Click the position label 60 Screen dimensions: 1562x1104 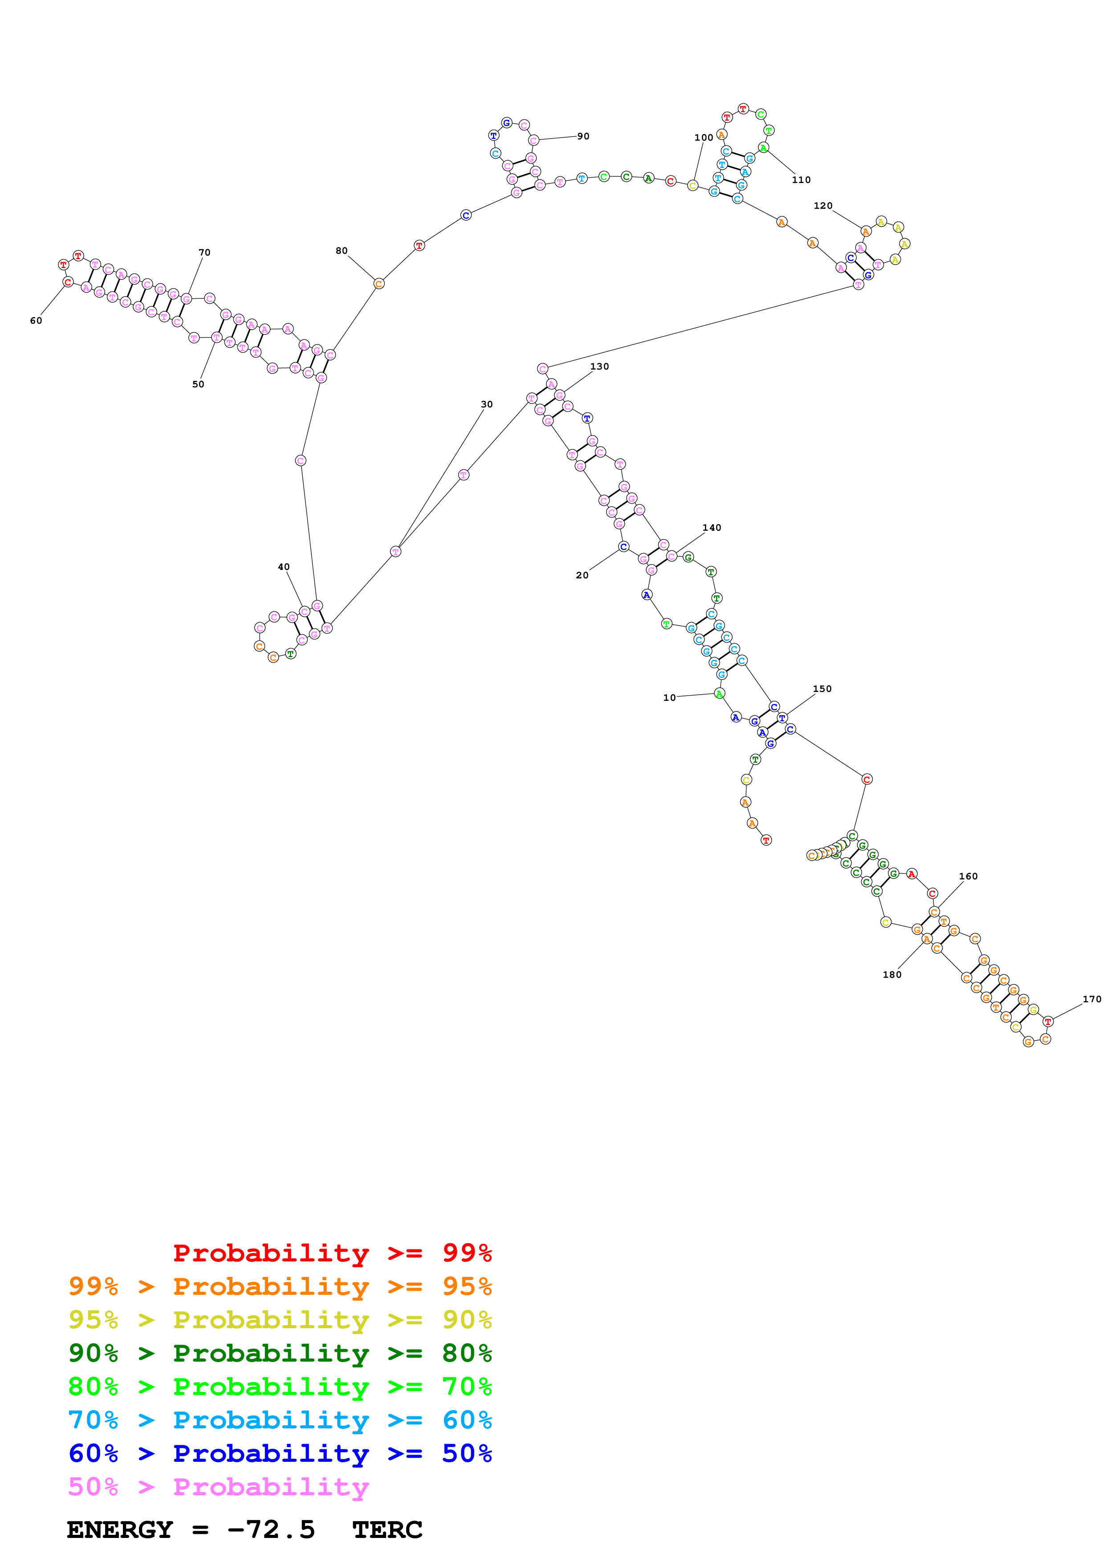[x=36, y=321]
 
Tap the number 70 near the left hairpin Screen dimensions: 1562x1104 [x=204, y=252]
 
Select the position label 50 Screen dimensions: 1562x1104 [x=198, y=384]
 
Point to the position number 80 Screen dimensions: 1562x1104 [x=342, y=251]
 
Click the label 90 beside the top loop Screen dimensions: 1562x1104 [x=583, y=136]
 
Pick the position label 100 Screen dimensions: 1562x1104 [x=703, y=138]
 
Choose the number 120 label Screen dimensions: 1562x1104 [x=823, y=205]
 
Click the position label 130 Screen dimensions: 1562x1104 [x=599, y=367]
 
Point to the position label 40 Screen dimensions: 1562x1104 [x=284, y=567]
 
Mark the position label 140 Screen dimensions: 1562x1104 [x=712, y=528]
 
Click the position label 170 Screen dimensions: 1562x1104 [x=1091, y=999]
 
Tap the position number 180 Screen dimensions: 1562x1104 [x=892, y=975]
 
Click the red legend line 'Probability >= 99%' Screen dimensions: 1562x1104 [x=332, y=1253]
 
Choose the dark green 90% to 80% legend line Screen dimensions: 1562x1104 [x=280, y=1353]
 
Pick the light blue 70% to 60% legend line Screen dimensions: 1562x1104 [x=280, y=1420]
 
